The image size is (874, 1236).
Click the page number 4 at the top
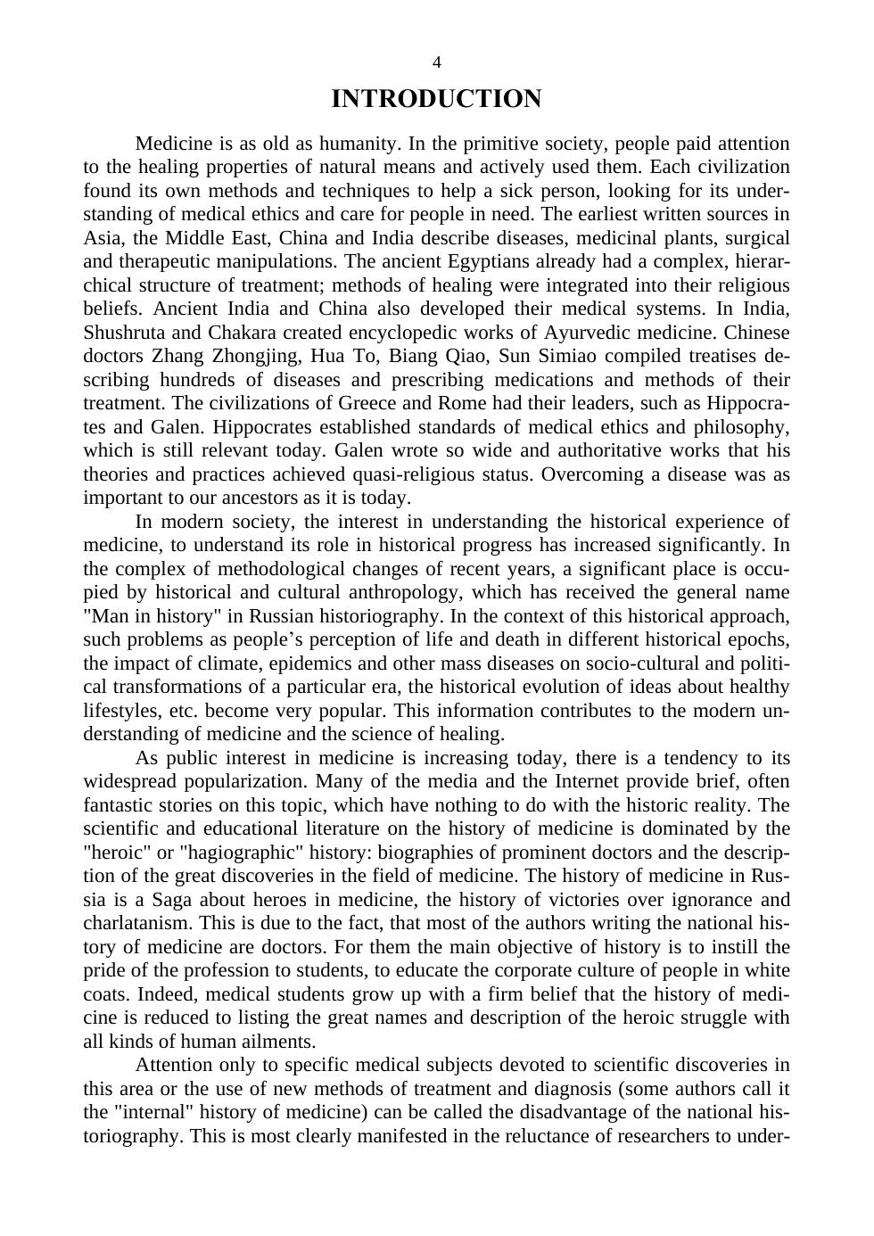[436, 62]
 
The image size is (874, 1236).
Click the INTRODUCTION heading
[436, 98]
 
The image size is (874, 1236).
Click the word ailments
[276, 1042]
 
